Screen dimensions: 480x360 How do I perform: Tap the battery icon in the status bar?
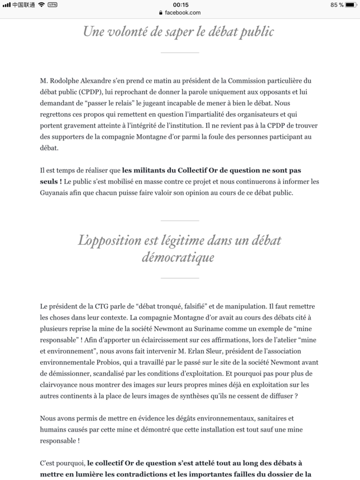point(352,5)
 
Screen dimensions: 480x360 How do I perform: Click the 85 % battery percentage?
point(337,5)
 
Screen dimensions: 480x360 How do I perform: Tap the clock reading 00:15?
point(181,5)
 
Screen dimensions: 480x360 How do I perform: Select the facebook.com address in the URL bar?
point(182,13)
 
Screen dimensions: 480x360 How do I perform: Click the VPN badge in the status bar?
point(53,5)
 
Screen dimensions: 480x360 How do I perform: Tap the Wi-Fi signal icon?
point(42,5)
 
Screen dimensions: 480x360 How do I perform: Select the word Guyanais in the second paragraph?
point(55,193)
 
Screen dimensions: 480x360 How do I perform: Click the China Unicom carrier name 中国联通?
point(23,5)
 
